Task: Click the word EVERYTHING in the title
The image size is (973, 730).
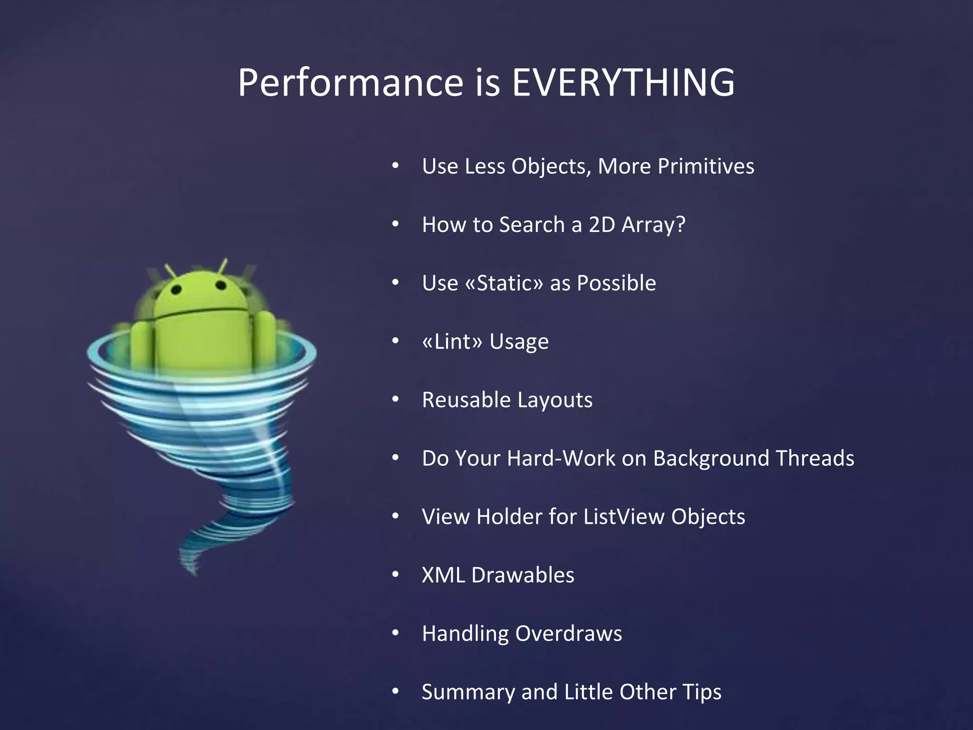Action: [x=623, y=82]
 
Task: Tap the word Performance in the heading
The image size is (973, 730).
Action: [x=350, y=82]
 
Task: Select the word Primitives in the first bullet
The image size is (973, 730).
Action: [x=706, y=166]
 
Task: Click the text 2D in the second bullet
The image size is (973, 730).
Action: [x=602, y=224]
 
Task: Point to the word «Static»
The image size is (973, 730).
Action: [x=504, y=283]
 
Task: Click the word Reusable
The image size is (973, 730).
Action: [x=466, y=400]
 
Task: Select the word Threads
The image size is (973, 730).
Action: [x=815, y=458]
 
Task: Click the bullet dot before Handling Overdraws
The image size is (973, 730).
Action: [x=395, y=633]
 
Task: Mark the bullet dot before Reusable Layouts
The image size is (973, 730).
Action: [x=395, y=399]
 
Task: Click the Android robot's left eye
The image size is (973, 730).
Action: [x=177, y=289]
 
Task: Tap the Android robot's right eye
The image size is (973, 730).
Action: [x=220, y=285]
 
